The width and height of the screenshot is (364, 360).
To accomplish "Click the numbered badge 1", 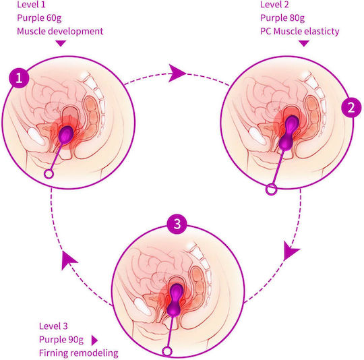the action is (x=19, y=78).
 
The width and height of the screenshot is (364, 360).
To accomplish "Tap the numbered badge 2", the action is (x=351, y=107).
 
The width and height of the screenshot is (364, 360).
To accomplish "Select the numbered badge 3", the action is (x=177, y=224).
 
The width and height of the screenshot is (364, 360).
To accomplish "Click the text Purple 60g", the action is (x=39, y=18).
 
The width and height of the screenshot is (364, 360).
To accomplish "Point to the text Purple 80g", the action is (x=282, y=18).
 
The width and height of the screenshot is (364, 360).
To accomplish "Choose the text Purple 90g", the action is (x=61, y=340).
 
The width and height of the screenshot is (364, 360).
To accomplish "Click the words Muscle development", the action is (x=60, y=31).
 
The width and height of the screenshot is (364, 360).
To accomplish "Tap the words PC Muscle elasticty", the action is (x=300, y=31).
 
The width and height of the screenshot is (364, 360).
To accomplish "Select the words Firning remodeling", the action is (x=79, y=353).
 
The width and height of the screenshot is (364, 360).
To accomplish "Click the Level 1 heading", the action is (x=31, y=5).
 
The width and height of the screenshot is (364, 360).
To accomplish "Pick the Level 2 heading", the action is (x=274, y=5).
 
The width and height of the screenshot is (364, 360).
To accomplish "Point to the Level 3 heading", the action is (x=53, y=326).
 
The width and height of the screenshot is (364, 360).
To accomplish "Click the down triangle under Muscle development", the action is (x=61, y=43).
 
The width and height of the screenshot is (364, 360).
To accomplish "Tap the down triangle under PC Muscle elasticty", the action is (x=304, y=43).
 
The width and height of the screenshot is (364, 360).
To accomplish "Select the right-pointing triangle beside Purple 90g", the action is (x=94, y=340).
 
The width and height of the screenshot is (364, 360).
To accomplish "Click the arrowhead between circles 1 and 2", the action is (x=176, y=73).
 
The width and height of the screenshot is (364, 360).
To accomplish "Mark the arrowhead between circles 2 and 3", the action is (x=291, y=250).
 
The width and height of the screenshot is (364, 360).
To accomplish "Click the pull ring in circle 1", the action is (x=49, y=174).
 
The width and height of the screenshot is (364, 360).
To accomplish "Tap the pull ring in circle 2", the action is (x=271, y=189).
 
